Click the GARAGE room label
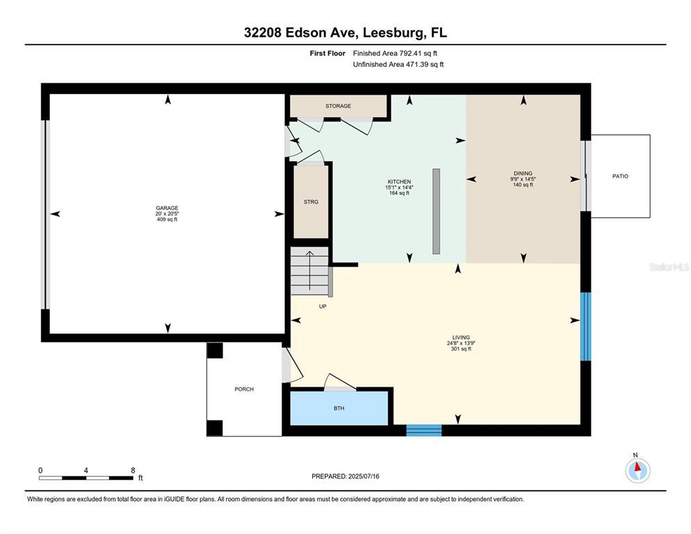tap(167, 208)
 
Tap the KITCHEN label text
tap(399, 181)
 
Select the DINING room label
tap(523, 173)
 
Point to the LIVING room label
tap(461, 337)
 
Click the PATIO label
tap(620, 176)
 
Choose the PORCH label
tap(244, 389)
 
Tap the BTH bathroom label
tap(339, 408)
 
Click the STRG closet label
tap(311, 202)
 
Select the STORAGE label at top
tap(339, 106)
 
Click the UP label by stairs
tap(323, 307)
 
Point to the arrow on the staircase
tap(310, 270)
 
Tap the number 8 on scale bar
tap(133, 471)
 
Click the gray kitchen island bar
tap(437, 211)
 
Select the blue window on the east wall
tap(585, 326)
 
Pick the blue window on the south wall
tap(423, 430)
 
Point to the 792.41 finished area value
tap(411, 54)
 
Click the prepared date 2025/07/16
tap(364, 476)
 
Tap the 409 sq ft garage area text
tap(167, 219)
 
